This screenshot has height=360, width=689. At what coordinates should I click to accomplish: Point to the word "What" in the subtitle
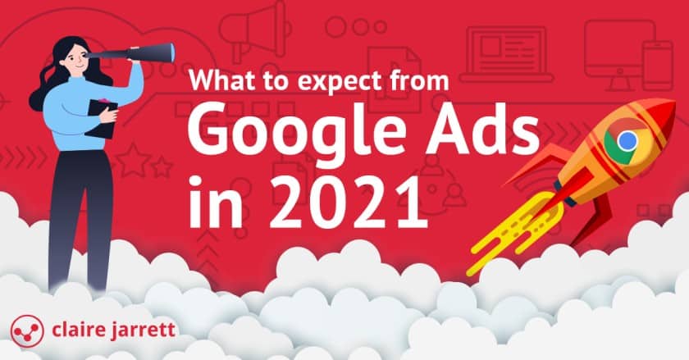(x=215, y=82)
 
